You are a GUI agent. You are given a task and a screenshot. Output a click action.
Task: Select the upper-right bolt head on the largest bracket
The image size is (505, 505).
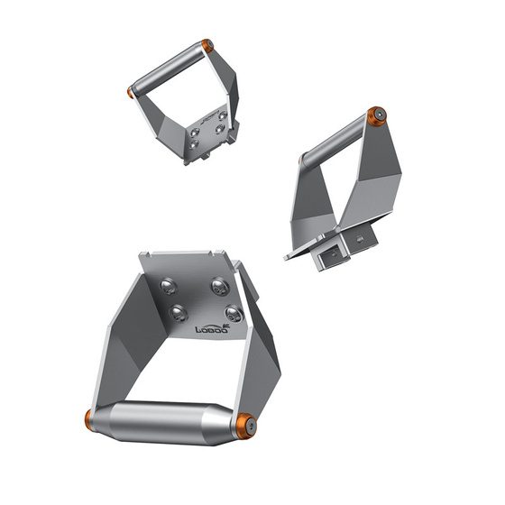218,287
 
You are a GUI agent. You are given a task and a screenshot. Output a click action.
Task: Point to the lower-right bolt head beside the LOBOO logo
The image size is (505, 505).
234,314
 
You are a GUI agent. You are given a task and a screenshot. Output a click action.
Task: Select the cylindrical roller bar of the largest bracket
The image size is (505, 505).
167,421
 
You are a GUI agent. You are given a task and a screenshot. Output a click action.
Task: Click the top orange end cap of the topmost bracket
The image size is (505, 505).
207,45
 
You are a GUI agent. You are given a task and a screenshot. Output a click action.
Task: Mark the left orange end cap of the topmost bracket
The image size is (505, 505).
132,91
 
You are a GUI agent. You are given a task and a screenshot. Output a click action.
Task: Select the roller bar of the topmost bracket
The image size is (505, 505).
170,68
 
